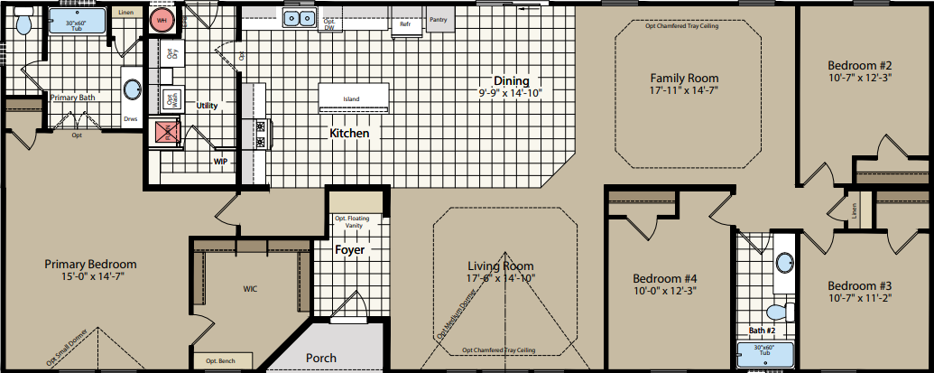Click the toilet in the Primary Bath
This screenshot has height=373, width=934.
pos(24,23)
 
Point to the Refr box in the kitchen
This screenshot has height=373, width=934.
pos(406,23)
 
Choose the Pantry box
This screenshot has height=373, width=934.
pos(439,19)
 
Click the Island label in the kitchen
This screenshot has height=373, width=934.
pos(352,98)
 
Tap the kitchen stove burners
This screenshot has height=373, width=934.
pos(262,134)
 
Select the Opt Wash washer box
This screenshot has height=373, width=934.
pos(169,98)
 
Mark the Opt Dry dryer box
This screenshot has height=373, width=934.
pos(169,55)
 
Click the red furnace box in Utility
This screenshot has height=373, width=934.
pos(166,132)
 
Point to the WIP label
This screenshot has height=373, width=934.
pos(220,162)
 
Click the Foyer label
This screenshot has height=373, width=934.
pos(349,249)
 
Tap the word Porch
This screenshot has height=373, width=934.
pos(320,358)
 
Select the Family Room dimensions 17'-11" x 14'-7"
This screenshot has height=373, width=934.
pos(685,91)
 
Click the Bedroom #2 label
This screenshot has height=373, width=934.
pos(859,66)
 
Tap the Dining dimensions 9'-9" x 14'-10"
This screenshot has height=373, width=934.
pos(510,92)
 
